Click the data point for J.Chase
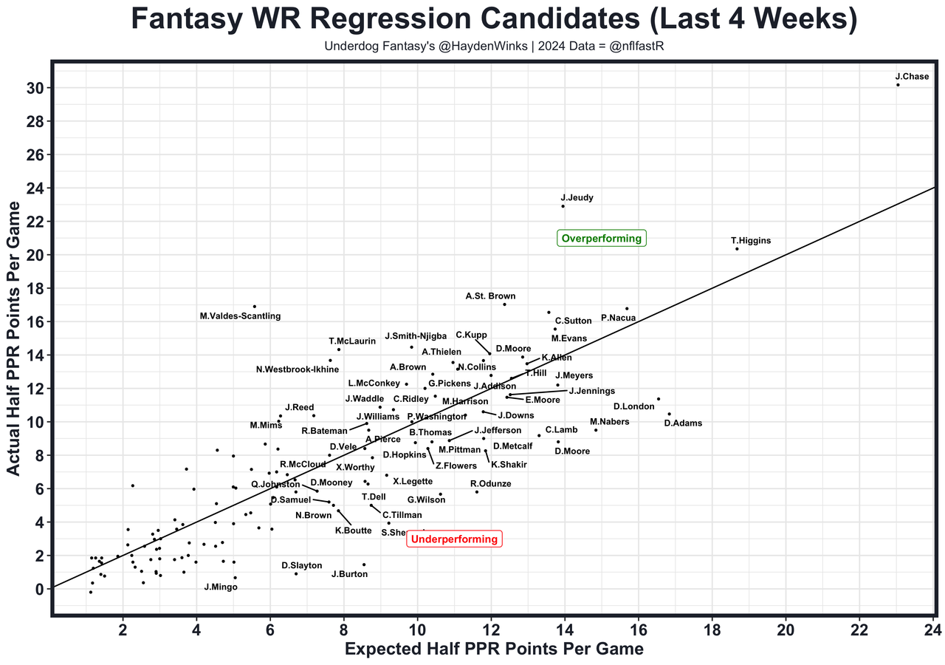[x=898, y=85]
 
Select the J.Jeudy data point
[x=563, y=206]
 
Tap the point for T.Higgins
[x=737, y=249]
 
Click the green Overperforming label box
[x=602, y=239]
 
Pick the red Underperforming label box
[x=454, y=539]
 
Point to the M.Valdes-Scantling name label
[x=240, y=316]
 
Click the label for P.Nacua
[x=618, y=318]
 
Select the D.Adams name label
[x=683, y=423]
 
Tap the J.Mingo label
[x=221, y=587]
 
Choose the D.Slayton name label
[x=301, y=565]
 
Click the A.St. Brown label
[x=490, y=296]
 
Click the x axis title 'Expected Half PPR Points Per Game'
[x=494, y=649]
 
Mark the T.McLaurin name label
[x=352, y=341]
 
